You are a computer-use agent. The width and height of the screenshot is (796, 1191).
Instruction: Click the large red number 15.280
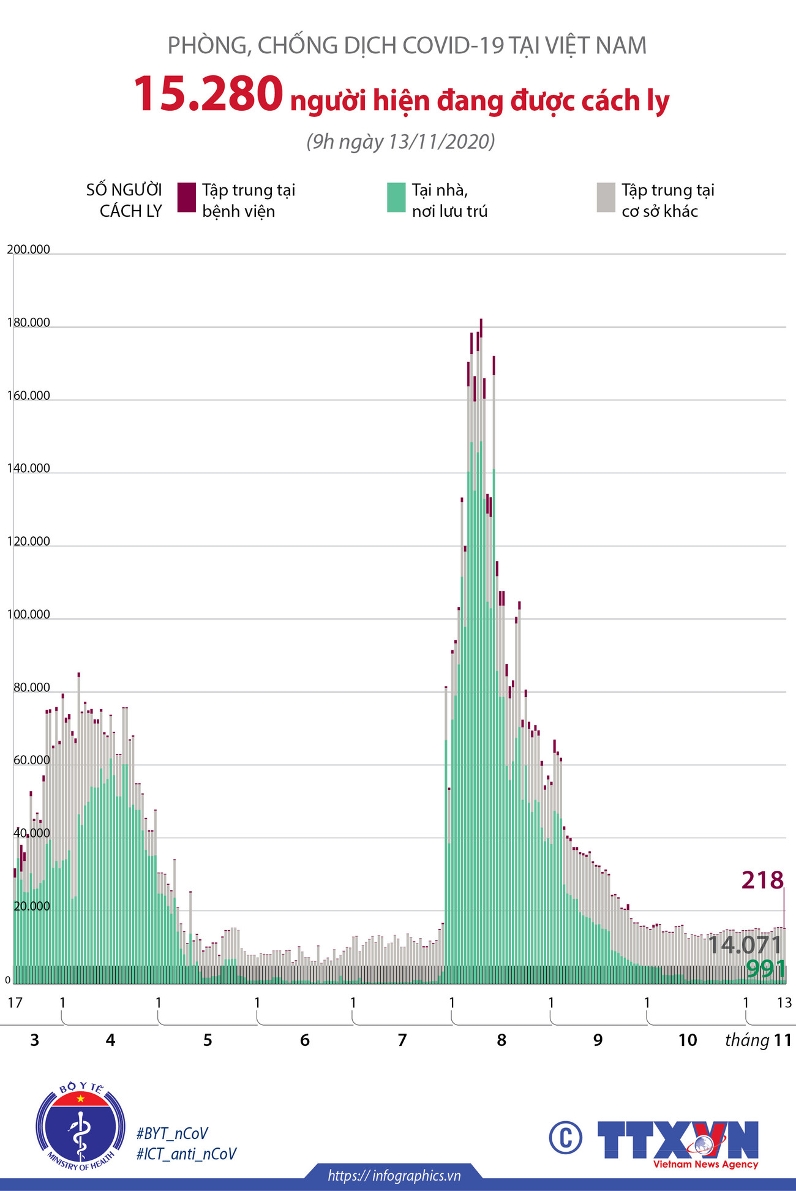[208, 94]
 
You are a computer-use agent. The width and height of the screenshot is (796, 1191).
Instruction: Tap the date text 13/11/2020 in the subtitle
[441, 141]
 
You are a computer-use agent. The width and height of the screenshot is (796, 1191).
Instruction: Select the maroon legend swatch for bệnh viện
[186, 197]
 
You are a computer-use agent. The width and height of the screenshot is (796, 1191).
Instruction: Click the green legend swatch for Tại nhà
[396, 197]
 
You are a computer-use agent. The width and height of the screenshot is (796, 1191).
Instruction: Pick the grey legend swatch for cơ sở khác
[606, 197]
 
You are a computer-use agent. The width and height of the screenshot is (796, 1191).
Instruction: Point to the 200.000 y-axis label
[28, 249]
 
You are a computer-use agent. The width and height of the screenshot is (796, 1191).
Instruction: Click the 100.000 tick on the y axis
[28, 614]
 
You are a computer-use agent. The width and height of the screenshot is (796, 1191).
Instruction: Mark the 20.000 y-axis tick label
[31, 906]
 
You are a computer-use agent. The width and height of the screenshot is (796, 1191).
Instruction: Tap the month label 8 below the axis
[501, 1040]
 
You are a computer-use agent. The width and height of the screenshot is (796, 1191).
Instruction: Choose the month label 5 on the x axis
[208, 1040]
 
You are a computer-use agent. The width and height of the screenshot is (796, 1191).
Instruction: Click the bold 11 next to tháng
[783, 1040]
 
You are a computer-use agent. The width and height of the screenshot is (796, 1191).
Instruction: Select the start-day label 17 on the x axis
[15, 1002]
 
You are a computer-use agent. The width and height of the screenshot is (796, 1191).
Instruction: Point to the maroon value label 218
[762, 880]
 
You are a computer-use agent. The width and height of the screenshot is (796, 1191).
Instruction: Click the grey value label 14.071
[745, 945]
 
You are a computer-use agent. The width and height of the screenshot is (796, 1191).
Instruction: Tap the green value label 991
[765, 969]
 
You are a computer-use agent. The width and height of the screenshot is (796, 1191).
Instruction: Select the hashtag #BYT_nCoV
[172, 1133]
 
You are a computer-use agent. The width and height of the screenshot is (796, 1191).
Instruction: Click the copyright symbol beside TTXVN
[565, 1138]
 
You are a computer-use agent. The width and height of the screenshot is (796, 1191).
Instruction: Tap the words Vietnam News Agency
[705, 1164]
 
